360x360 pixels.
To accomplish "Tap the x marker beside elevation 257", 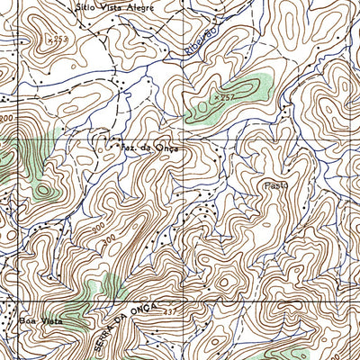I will pyautogui.click(x=215, y=95).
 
